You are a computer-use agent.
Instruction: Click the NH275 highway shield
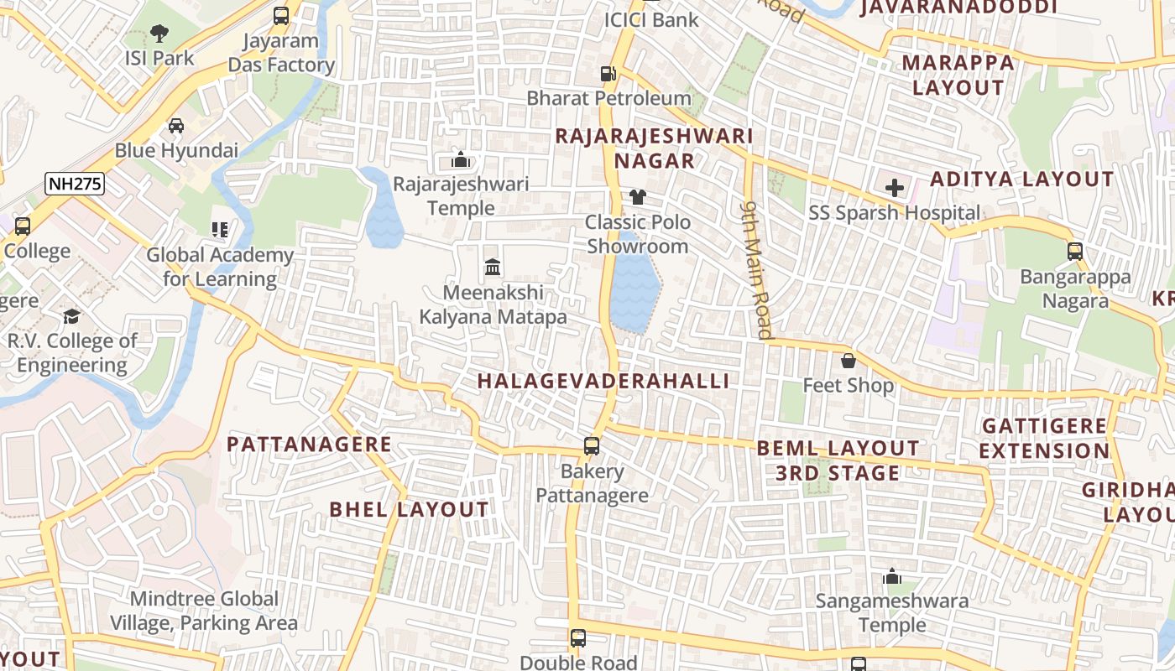(x=75, y=184)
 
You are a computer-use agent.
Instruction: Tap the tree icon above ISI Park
(x=159, y=34)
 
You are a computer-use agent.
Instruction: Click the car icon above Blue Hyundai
(x=176, y=126)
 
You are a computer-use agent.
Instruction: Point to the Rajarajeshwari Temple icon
(x=461, y=159)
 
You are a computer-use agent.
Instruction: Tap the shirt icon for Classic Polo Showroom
(x=638, y=197)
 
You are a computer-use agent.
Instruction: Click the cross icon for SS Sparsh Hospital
(x=895, y=188)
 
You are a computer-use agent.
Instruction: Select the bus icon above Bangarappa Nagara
(x=1074, y=251)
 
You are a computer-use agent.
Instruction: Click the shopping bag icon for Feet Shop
(x=849, y=361)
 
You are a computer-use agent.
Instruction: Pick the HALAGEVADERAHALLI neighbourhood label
(x=603, y=381)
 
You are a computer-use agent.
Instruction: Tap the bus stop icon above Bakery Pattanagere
(x=592, y=446)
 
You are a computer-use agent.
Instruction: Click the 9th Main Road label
(x=756, y=268)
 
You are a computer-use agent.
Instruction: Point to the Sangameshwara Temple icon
(x=891, y=576)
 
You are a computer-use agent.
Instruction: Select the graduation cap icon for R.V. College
(x=72, y=316)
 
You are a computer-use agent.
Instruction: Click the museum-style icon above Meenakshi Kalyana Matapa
(x=493, y=268)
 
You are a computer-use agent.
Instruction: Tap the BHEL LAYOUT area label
(x=409, y=509)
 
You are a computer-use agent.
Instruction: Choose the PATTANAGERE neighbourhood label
(x=310, y=445)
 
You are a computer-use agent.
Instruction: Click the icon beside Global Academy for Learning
(x=220, y=229)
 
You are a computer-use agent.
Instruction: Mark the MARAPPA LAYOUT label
(x=958, y=75)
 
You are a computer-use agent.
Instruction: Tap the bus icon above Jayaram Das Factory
(x=281, y=16)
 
